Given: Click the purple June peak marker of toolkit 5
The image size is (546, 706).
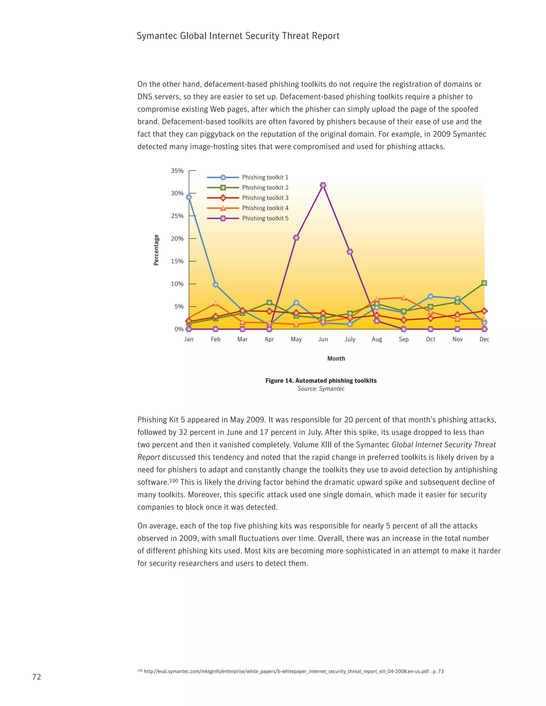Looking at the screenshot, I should (323, 185).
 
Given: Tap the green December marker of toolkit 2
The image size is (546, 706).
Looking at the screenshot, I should (484, 283).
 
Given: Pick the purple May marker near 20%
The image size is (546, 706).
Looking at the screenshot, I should (296, 238).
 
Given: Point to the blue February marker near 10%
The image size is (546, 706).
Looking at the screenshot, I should (216, 285).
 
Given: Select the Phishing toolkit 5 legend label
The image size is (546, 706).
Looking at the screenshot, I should (265, 218).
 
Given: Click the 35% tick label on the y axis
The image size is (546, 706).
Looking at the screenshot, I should (177, 171).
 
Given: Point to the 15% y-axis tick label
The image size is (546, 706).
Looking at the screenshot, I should (177, 261).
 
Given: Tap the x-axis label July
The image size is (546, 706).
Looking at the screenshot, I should (350, 339).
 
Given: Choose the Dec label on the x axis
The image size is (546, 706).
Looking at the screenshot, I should (484, 339).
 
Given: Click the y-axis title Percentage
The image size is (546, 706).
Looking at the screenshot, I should (156, 250).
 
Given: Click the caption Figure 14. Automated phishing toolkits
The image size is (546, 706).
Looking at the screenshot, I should (321, 381).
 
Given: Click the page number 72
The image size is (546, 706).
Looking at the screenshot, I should (37, 677).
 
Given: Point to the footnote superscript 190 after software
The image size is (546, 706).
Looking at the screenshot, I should (174, 481).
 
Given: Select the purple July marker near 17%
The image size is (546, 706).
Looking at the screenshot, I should (350, 252).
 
